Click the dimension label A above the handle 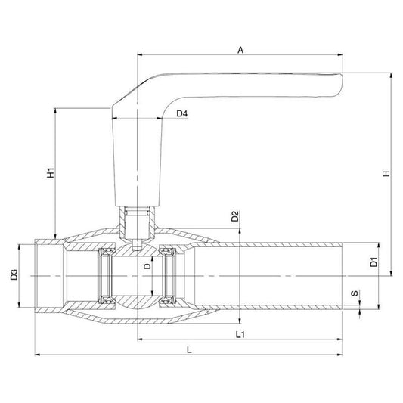[240, 50]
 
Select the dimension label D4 [181, 113]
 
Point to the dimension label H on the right [386, 173]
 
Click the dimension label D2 [235, 215]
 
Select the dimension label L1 [239, 333]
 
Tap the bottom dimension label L [189, 349]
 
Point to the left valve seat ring [107, 275]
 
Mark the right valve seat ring [171, 275]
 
